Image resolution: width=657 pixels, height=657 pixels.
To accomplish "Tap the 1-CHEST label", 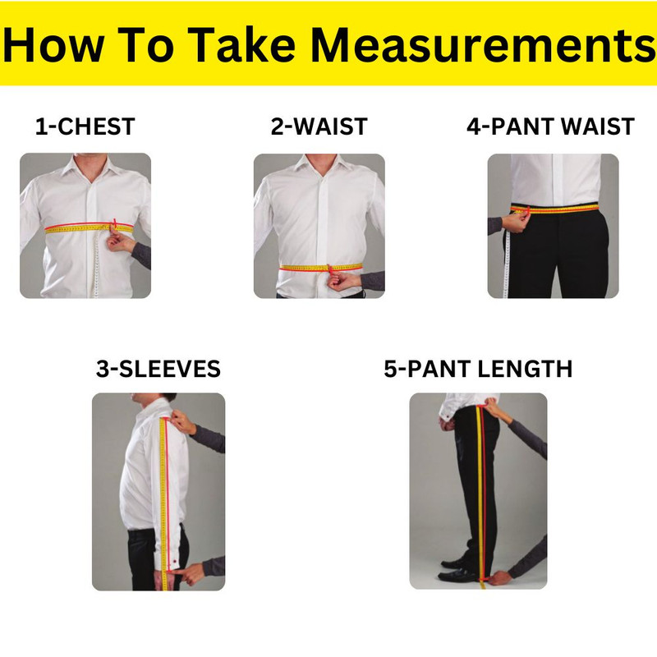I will pyautogui.click(x=85, y=127).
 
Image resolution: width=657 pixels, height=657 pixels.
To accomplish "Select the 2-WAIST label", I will pyautogui.click(x=319, y=127).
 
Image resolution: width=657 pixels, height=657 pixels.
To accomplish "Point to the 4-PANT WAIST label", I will pyautogui.click(x=550, y=127).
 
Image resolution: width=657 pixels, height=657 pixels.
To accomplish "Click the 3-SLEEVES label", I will pyautogui.click(x=159, y=369).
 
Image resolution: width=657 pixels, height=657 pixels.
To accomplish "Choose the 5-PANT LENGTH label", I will pyautogui.click(x=478, y=369).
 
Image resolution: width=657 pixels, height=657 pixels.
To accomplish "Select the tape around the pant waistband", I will pyautogui.click(x=567, y=209).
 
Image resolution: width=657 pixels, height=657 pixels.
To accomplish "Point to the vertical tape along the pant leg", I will pyautogui.click(x=481, y=493).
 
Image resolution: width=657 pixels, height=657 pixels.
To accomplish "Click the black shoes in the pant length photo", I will pyautogui.click(x=460, y=570).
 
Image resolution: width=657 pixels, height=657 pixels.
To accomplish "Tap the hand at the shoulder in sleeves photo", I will pyautogui.click(x=182, y=421).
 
